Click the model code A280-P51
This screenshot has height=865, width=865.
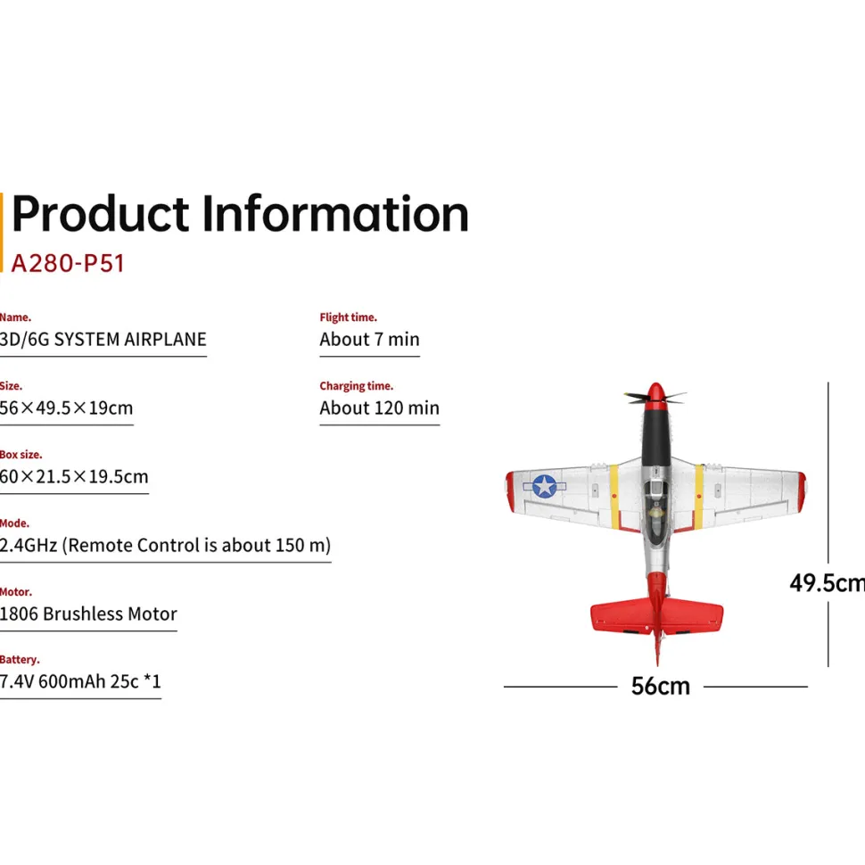click(x=68, y=263)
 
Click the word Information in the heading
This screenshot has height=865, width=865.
click(x=335, y=214)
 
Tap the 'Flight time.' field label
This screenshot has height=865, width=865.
click(x=348, y=317)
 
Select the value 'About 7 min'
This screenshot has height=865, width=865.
click(x=369, y=339)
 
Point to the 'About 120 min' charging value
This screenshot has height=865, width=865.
click(x=380, y=408)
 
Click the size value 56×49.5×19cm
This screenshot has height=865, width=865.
click(x=66, y=408)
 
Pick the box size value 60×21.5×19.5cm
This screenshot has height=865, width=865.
click(x=74, y=476)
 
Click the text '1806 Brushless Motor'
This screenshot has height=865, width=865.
click(x=88, y=614)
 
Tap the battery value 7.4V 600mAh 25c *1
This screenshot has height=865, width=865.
click(x=80, y=682)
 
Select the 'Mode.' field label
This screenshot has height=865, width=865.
click(x=15, y=523)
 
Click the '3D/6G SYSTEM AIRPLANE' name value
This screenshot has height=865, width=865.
click(x=103, y=339)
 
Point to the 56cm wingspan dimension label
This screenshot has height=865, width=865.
click(x=660, y=687)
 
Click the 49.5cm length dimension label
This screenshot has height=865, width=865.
click(x=827, y=582)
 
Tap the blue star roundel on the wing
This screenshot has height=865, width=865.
click(x=545, y=487)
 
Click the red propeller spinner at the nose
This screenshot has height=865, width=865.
click(x=655, y=392)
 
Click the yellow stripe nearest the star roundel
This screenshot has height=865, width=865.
click(x=614, y=497)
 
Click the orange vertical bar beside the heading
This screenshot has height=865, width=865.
click(x=1, y=232)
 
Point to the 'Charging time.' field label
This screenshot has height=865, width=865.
click(x=357, y=386)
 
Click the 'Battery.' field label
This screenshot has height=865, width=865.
click(x=20, y=660)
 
